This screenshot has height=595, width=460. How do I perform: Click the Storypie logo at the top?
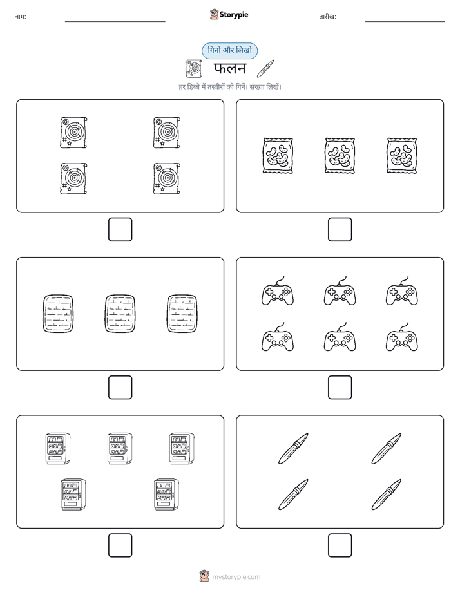coord(229,14)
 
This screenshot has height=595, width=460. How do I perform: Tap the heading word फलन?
coord(230,69)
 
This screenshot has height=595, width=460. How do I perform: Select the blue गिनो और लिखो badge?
coord(229,50)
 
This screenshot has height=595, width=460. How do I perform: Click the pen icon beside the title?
coord(265,68)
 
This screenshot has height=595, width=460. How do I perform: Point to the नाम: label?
coord(21,17)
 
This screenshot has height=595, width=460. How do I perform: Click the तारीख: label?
coord(327,17)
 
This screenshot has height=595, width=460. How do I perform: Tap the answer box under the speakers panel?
coord(120,230)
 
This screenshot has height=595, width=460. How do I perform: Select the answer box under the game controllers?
coord(340,388)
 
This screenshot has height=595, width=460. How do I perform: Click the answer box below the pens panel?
coord(340,545)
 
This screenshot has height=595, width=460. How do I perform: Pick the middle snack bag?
coord(340,156)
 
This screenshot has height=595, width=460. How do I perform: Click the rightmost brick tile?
coord(182,314)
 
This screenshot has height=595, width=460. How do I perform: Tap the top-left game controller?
coord(278,292)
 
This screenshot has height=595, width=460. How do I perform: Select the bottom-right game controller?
coord(401,337)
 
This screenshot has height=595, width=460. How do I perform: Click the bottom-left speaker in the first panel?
coord(73,179)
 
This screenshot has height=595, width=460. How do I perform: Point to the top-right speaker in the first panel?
coord(167,133)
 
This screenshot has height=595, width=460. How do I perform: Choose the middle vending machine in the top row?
coord(120,448)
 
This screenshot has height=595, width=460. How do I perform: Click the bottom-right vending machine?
coord(166,495)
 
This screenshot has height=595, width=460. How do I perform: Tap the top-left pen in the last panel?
coord(293,449)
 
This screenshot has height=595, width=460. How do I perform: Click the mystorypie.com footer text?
coord(236,577)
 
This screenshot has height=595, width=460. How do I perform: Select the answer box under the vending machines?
coord(120,545)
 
